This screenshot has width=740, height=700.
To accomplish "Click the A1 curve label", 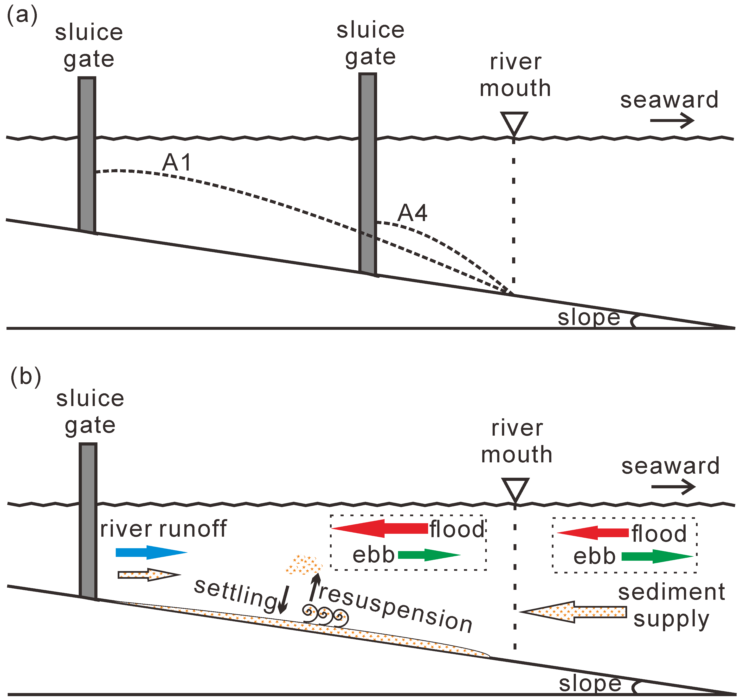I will coord(177,163).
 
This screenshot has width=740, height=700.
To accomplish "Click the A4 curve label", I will coord(412,213).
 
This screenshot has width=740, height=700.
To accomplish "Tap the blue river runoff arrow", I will coord(151,552).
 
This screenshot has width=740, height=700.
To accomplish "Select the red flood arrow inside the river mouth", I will coord(380,528).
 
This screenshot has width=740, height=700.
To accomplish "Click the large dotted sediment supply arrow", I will coord(573,611).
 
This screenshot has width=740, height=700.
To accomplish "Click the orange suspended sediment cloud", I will coord(303,564).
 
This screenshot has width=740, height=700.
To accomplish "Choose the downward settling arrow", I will coord(284,599).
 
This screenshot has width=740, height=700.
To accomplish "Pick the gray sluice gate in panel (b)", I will coord(88,521).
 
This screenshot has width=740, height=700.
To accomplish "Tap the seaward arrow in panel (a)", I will coord(672,121).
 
